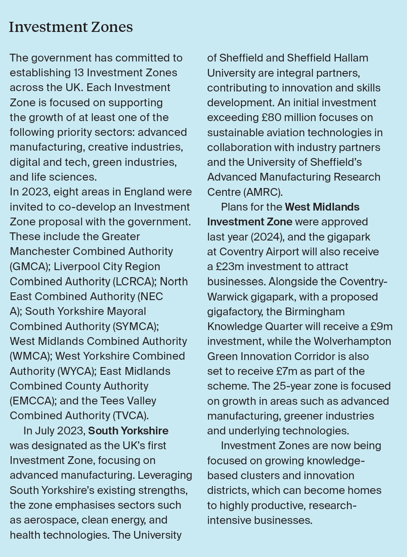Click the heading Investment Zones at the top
point(71,27)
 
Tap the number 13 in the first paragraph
point(78,73)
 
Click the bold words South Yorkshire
point(128,431)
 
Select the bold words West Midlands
point(322,207)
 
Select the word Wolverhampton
point(352,341)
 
